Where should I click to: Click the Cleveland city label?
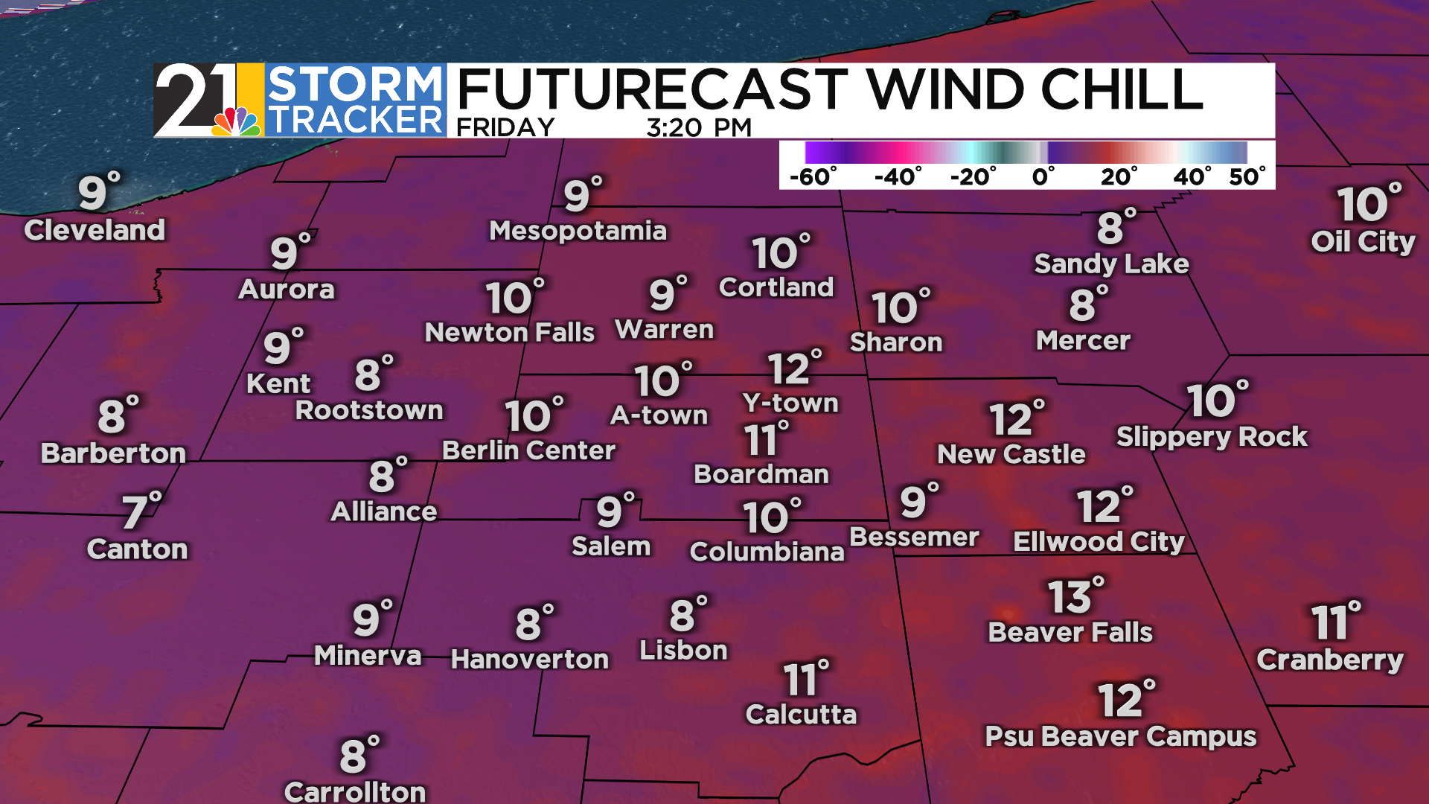[95, 230]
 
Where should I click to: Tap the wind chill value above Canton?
[141, 511]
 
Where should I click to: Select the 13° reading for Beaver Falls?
[1075, 596]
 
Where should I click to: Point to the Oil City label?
[1363, 242]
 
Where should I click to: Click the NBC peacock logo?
[237, 121]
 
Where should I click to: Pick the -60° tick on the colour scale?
[812, 177]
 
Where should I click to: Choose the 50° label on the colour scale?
[1247, 177]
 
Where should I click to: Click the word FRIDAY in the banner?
[505, 127]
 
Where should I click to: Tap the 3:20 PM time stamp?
[699, 127]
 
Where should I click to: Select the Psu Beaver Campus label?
[1121, 736]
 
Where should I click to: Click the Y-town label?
[790, 403]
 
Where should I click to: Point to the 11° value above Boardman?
[766, 438]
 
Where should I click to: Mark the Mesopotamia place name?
[578, 231]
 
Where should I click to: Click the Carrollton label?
[355, 791]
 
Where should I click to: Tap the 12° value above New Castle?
[1017, 419]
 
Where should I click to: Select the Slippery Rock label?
[1212, 436]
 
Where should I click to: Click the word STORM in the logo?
[355, 84]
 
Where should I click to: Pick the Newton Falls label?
[510, 332]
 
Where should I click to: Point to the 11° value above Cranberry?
[1335, 622]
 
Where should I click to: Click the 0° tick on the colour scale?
[1043, 177]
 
